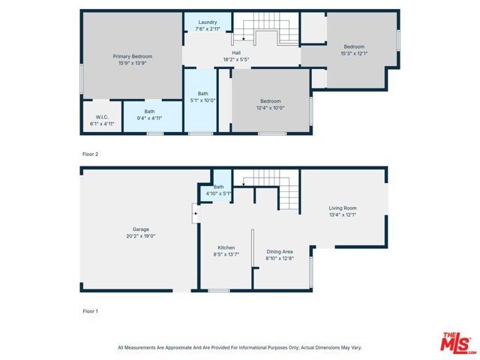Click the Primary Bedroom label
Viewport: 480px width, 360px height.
pyautogui.click(x=132, y=56)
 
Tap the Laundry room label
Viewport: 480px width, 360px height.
pyautogui.click(x=208, y=22)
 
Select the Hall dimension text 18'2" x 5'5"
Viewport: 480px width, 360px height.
pyautogui.click(x=235, y=59)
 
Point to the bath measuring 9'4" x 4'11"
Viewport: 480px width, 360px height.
pyautogui.click(x=149, y=115)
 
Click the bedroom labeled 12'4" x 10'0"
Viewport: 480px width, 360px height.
pyautogui.click(x=270, y=104)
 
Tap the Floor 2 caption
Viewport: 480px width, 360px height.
pyautogui.click(x=90, y=154)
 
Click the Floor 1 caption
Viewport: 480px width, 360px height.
pyautogui.click(x=90, y=310)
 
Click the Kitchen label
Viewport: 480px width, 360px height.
pyautogui.click(x=226, y=247)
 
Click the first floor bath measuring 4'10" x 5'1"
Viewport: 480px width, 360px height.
pyautogui.click(x=219, y=190)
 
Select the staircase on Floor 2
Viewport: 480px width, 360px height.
pyautogui.click(x=266, y=30)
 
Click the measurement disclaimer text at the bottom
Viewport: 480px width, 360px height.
pyautogui.click(x=239, y=347)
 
